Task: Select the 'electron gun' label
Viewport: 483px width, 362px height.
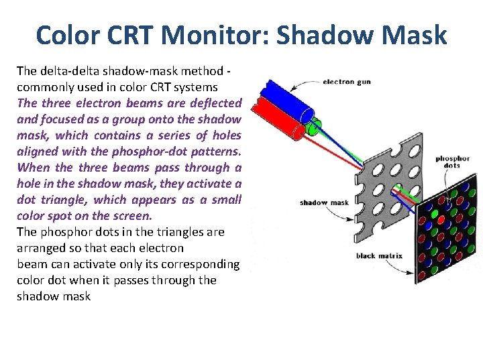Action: click(x=346, y=82)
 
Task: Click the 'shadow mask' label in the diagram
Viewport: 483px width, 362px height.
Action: click(x=324, y=202)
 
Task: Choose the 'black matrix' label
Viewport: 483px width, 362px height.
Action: click(x=375, y=255)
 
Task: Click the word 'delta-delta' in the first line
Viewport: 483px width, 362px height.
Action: click(x=68, y=70)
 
